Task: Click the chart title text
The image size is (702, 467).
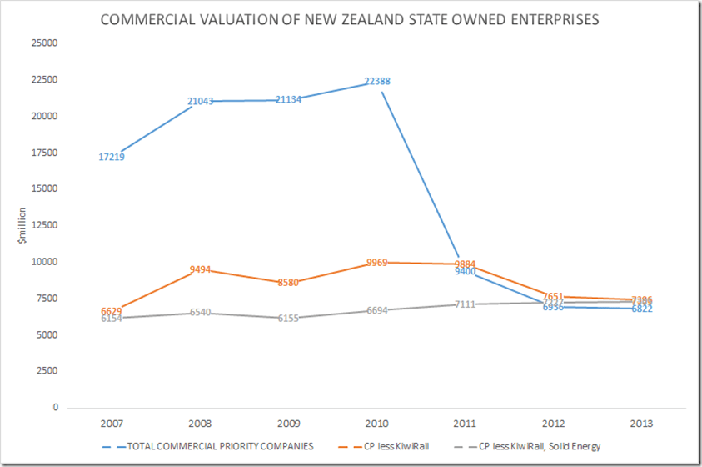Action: (350, 19)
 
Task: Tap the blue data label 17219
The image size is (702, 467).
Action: (111, 157)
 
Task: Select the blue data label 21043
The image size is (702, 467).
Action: (200, 101)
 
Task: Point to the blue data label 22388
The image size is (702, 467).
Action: (377, 82)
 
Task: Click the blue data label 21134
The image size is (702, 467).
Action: (289, 100)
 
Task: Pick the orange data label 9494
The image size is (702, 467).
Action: (200, 269)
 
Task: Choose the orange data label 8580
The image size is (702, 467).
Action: (289, 283)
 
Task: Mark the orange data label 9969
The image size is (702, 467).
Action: (377, 263)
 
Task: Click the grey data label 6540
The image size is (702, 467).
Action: (200, 313)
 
